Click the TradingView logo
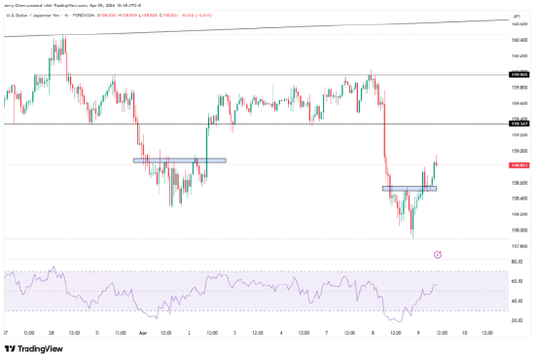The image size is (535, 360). pos(34,347)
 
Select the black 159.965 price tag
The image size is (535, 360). pos(518,74)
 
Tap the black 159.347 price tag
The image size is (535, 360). pos(518,125)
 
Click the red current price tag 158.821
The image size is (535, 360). pos(518,165)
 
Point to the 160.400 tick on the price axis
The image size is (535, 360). pos(518,40)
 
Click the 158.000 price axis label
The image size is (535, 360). pos(518,230)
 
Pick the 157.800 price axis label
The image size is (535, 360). pos(518,245)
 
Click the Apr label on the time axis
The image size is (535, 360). pos(143,332)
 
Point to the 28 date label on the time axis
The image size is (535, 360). pos(50,332)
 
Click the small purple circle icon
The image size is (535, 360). pos(438,253)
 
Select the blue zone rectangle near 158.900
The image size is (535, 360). pos(179,160)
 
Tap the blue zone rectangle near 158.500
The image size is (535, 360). pos(410,188)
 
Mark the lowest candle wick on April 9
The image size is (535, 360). pos(412,237)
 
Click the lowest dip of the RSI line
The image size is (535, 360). pos(394,321)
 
